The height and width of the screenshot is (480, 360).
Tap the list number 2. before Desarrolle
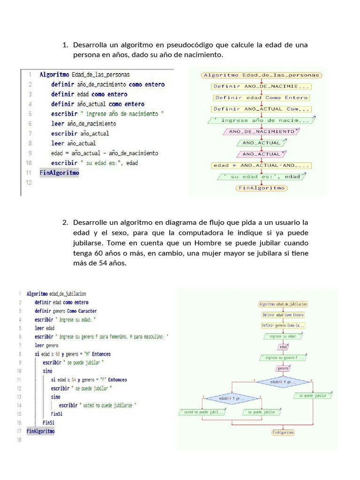[x=65, y=222]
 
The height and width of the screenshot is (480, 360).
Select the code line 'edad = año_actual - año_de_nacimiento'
[x=105, y=153]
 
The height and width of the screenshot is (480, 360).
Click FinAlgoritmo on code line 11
[x=60, y=172]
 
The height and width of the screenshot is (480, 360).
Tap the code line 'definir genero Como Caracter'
[x=66, y=311]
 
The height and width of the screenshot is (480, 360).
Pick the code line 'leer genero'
[x=43, y=345]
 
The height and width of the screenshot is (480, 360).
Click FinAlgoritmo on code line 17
[x=40, y=431]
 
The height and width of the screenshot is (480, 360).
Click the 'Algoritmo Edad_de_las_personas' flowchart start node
[x=261, y=75]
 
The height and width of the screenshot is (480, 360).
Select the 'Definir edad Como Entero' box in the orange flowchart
[x=261, y=97]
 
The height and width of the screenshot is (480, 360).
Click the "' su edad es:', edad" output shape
[x=261, y=177]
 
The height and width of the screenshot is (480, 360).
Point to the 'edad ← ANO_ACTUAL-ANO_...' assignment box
[x=261, y=165]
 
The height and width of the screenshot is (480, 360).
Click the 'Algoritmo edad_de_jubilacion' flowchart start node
[x=283, y=304]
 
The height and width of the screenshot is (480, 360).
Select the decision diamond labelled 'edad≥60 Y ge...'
[x=283, y=382]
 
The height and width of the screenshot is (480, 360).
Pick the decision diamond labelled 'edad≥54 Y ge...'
[x=232, y=399]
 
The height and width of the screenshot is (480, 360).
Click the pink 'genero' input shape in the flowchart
[x=283, y=368]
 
